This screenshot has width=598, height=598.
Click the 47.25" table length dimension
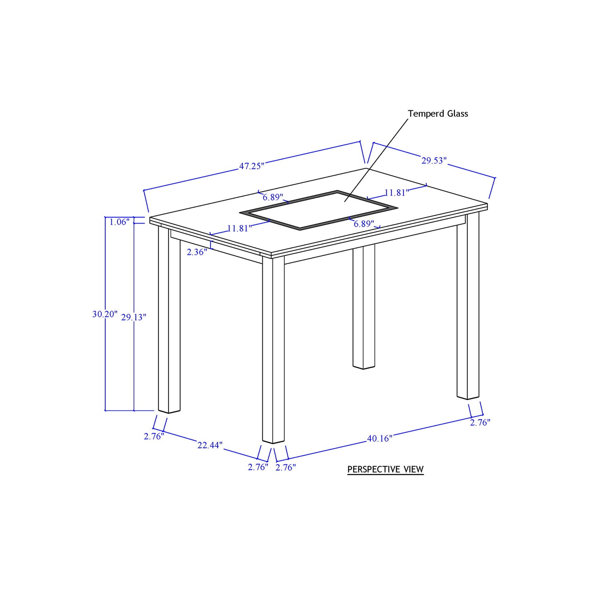[251, 166]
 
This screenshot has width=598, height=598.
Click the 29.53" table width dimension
[434, 161]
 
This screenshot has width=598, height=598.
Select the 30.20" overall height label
[105, 314]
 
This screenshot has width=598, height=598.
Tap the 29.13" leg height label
[133, 317]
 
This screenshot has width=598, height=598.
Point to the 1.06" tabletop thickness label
[119, 222]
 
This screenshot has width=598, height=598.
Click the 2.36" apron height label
[197, 252]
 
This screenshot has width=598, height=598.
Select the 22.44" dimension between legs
[210, 445]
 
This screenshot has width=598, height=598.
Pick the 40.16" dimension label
[380, 439]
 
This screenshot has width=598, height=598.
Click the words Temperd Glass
[438, 113]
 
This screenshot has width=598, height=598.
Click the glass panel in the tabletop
[319, 210]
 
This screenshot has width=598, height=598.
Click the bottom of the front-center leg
[274, 441]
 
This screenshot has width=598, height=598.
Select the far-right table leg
[468, 306]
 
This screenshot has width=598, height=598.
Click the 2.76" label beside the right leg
[480, 423]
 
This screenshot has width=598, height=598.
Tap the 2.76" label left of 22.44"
[154, 436]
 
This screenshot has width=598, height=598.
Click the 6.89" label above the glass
[273, 197]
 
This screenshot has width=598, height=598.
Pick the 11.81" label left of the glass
[239, 228]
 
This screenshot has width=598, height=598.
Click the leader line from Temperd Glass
[376, 160]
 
